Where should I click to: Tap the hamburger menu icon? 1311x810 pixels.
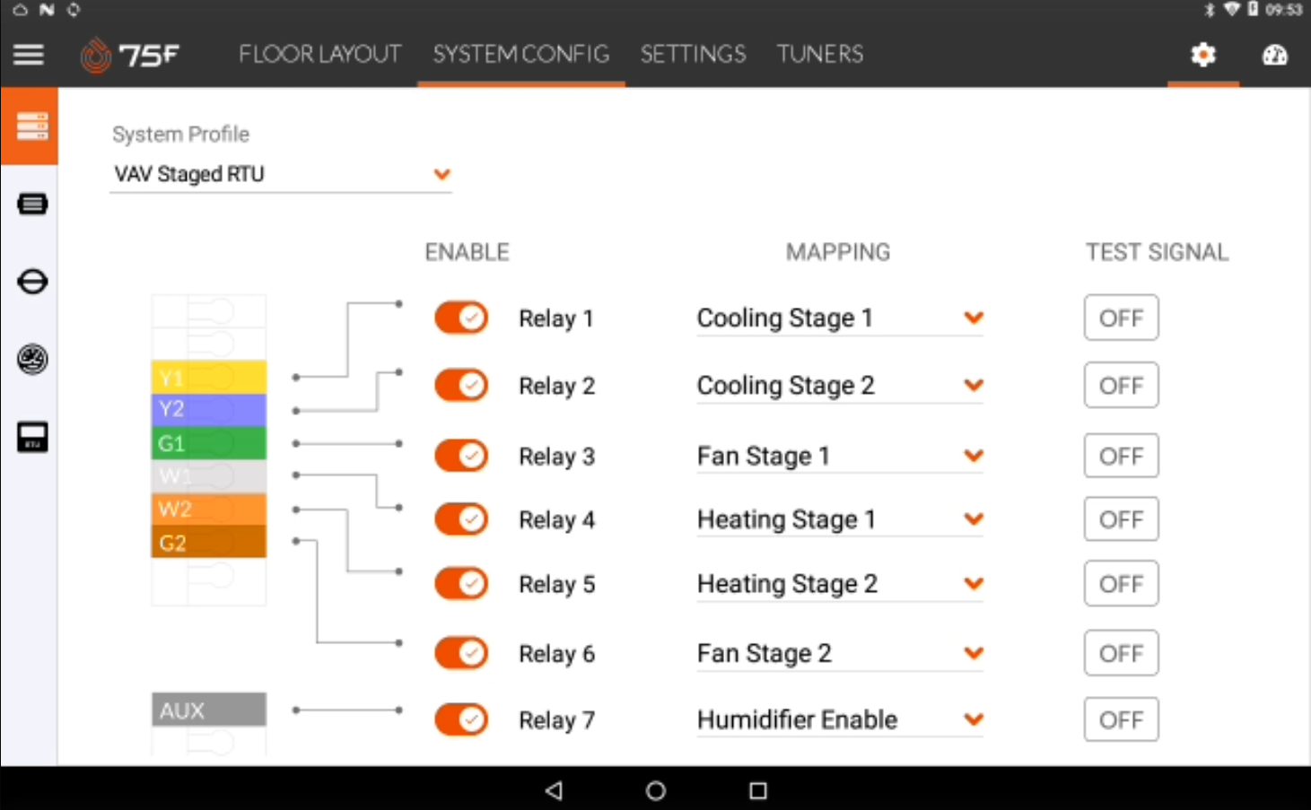29,55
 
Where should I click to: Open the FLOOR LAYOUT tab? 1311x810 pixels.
319,55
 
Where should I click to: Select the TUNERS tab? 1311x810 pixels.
819,55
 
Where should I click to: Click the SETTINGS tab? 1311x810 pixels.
693,55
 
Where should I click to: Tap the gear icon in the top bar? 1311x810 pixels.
1202,55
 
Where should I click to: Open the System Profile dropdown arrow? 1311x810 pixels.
441,174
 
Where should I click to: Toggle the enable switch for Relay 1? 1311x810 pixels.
461,318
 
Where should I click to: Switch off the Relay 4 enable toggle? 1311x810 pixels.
461,519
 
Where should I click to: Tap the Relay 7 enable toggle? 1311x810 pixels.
461,719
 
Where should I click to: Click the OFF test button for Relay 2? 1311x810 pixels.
1121,386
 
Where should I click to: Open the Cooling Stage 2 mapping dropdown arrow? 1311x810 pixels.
974,386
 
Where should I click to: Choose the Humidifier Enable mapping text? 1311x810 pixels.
797,719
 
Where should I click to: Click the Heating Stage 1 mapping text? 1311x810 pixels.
786,519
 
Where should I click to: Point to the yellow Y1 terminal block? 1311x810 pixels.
208,377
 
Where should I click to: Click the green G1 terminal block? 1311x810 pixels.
208,443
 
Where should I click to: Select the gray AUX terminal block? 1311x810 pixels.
208,710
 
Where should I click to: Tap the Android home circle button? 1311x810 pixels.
656,790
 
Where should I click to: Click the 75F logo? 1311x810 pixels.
130,55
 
